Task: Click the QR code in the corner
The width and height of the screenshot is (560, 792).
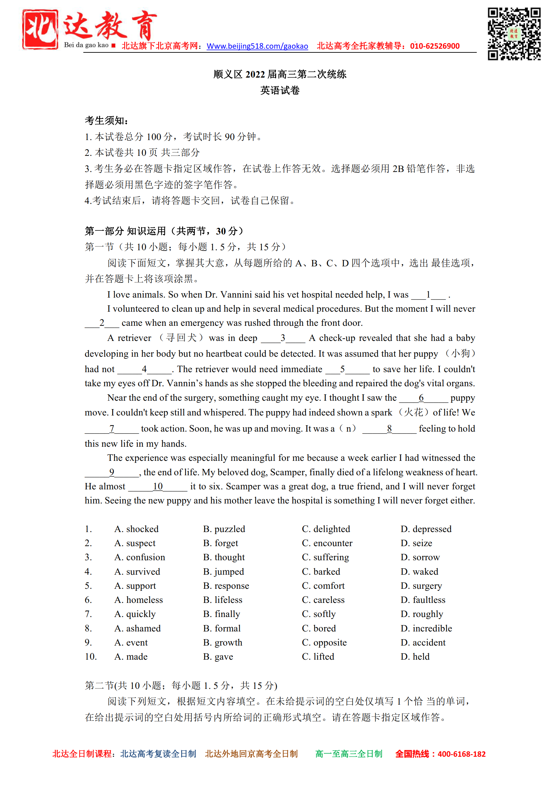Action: tap(513, 34)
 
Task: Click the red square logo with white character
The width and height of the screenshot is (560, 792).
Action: tap(40, 29)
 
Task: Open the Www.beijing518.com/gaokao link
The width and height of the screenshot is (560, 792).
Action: tap(257, 46)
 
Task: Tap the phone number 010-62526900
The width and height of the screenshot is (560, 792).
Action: tap(434, 46)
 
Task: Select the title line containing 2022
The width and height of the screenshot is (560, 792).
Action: tap(279, 75)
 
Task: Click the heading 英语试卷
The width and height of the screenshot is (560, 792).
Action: tap(279, 90)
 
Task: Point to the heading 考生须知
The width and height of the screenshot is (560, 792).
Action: tap(106, 121)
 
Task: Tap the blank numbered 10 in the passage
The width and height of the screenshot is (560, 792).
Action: tap(158, 487)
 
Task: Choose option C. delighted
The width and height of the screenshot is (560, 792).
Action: tap(326, 529)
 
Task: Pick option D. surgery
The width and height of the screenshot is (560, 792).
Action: tap(421, 586)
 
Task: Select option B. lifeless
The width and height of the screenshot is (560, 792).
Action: tap(222, 600)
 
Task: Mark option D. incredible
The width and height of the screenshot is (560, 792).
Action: tap(426, 628)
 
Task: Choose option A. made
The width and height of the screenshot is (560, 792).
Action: tap(131, 657)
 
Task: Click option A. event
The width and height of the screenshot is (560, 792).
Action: tap(131, 643)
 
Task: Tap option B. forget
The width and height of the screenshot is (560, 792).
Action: tap(220, 543)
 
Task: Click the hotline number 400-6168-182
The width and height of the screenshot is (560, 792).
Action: tap(461, 754)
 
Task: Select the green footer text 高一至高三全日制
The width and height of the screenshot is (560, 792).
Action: tap(348, 754)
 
